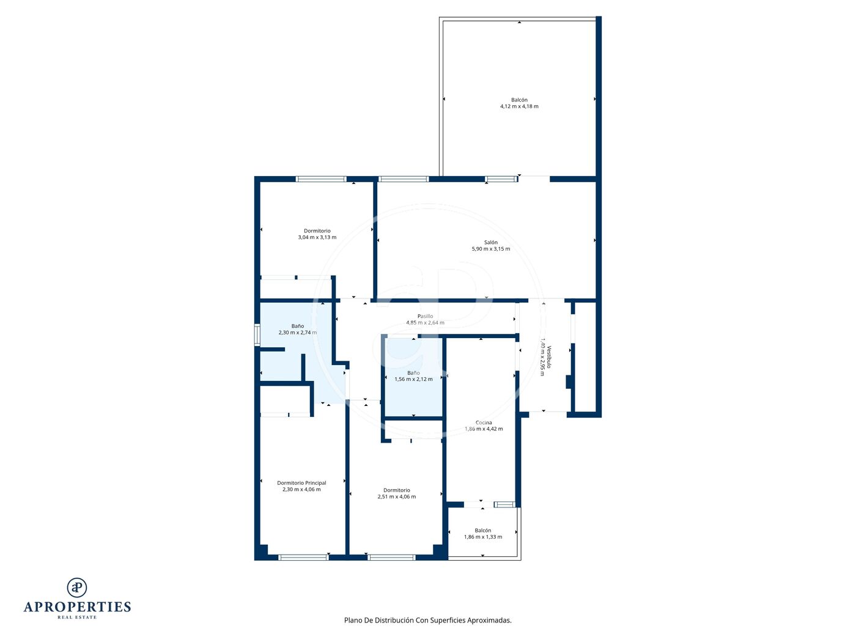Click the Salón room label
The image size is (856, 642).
coord(490,243)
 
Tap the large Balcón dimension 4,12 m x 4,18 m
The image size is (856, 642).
coord(519,106)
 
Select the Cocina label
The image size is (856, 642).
coord(484,422)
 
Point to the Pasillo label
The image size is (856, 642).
coord(425,316)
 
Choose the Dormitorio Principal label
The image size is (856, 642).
coord(301,483)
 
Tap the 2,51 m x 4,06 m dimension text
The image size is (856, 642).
coord(397,496)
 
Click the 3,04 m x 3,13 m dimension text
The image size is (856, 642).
coord(317,237)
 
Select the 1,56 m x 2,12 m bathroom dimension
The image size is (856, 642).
coord(413,379)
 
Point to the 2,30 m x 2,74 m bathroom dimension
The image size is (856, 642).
coord(298,333)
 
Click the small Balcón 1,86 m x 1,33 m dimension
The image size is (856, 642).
coord(483,537)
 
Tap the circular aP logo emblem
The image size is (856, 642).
coord(77,588)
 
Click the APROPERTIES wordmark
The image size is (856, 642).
coord(77,607)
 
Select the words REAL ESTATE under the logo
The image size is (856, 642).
coord(77,617)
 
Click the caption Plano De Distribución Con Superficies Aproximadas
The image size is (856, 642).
coord(428,620)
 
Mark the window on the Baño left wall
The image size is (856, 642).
coord(257,335)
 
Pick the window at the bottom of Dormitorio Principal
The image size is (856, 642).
coord(303,558)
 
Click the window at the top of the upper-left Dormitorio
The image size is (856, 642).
coord(321,179)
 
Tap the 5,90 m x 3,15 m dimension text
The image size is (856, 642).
coord(490,249)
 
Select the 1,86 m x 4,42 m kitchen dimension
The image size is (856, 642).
coord(484,429)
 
